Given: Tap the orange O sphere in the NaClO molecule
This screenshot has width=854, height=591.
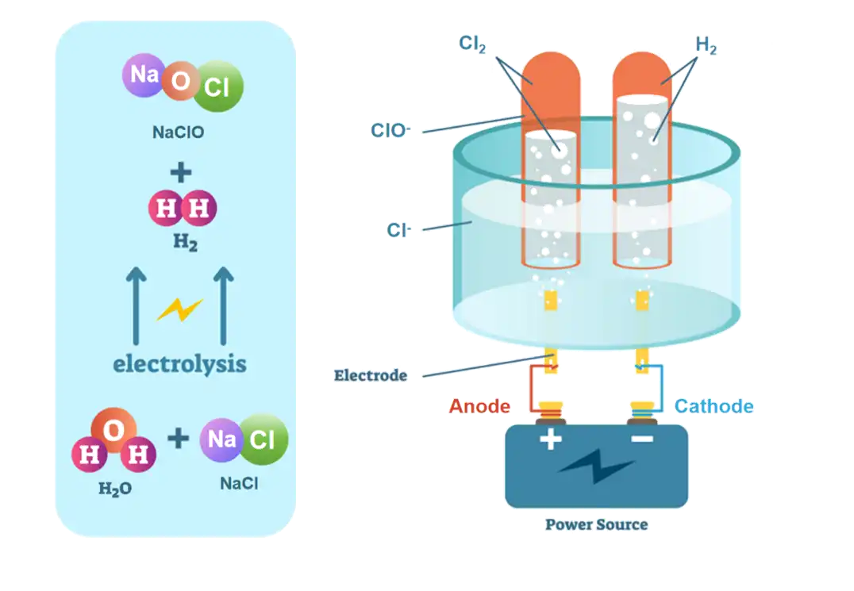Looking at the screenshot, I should click(x=180, y=82).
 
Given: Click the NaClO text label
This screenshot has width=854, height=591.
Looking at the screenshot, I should click(x=179, y=132).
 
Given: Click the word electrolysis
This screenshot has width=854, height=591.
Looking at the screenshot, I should click(x=179, y=364).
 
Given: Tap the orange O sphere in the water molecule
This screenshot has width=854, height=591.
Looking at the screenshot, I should click(x=112, y=431).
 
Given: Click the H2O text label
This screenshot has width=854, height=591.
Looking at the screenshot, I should click(x=115, y=489).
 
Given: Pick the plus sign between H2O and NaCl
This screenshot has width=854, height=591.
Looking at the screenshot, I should click(x=179, y=437).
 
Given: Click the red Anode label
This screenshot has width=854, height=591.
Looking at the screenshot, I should click(x=479, y=407).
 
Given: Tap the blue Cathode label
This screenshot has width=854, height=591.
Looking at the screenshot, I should click(x=714, y=407).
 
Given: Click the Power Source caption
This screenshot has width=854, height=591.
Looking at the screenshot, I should click(x=596, y=524).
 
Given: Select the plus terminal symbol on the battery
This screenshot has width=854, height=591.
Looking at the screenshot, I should click(x=550, y=439).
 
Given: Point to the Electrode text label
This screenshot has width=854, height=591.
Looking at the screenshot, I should click(x=371, y=375).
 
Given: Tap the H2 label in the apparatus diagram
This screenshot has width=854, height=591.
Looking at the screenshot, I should click(x=706, y=44).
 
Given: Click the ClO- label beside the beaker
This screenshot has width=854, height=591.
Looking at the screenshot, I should click(x=388, y=131).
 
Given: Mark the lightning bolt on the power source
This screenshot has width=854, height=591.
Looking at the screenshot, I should click(x=596, y=467).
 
